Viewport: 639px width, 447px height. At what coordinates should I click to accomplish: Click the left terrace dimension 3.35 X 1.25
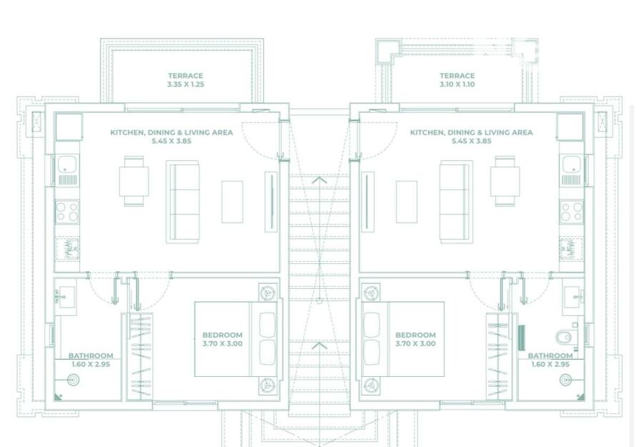point(185,84)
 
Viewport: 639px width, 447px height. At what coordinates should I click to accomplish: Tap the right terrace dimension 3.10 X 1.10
point(457,84)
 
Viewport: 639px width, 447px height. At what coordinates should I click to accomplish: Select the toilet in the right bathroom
point(565,338)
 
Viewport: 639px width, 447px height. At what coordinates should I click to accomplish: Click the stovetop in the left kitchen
point(67,212)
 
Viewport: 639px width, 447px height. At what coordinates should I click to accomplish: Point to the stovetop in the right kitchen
point(571,212)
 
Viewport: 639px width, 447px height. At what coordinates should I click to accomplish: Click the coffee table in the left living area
point(232,202)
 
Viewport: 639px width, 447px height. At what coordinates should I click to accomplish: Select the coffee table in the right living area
point(407,202)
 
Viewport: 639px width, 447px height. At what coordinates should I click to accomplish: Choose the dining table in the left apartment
point(134,182)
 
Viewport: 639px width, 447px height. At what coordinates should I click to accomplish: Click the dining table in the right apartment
point(505,182)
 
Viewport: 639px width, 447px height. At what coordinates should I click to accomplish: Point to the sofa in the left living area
point(182,202)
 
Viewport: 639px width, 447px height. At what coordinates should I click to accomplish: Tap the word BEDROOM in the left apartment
point(222,335)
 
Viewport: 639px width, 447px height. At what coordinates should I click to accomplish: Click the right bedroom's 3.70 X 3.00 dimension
point(415,344)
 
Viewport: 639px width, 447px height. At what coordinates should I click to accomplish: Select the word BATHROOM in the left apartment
point(91,355)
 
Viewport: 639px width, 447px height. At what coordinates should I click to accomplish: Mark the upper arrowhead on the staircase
point(319,180)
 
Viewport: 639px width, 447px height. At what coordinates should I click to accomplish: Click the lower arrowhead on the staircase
point(319,346)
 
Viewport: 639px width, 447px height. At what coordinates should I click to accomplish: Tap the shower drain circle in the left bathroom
point(73,380)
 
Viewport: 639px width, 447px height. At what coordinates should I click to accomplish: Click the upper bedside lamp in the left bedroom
point(267,293)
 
